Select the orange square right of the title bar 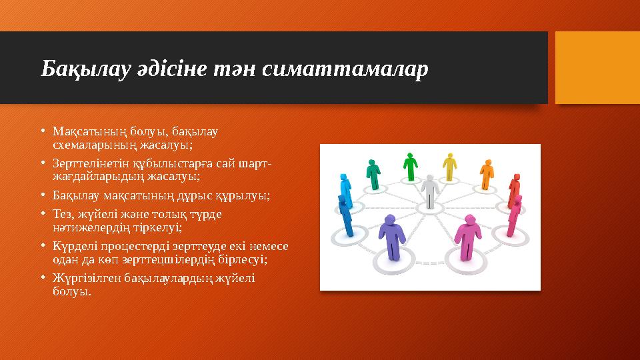597,67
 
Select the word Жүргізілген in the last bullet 82,279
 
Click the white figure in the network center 430,190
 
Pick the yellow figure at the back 450,167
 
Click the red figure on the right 513,192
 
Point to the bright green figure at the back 410,167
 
